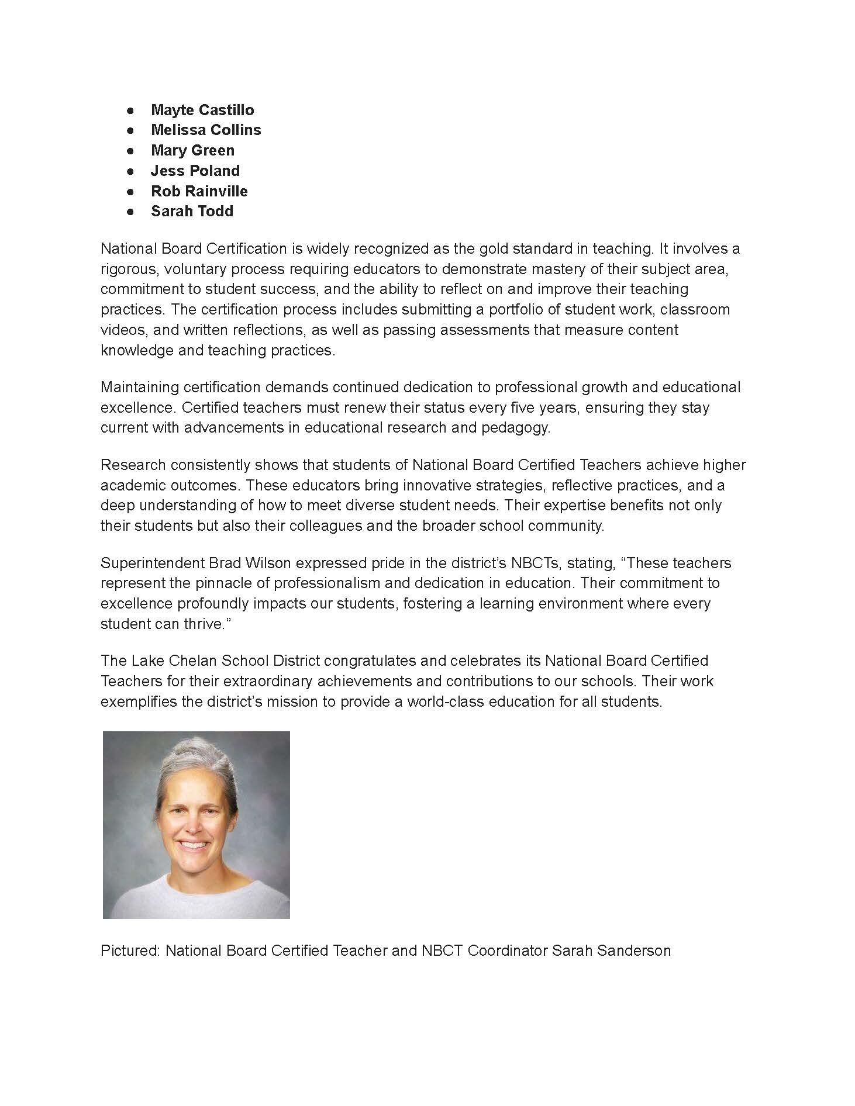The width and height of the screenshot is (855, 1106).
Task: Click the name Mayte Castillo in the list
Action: click(202, 110)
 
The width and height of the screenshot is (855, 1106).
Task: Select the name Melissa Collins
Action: click(206, 130)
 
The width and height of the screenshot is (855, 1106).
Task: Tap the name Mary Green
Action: click(192, 150)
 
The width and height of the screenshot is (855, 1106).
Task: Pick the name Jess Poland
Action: click(195, 171)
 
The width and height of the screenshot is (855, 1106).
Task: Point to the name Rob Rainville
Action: click(199, 191)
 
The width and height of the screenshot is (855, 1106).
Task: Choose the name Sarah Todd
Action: click(192, 211)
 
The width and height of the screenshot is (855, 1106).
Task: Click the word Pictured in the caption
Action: click(130, 951)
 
